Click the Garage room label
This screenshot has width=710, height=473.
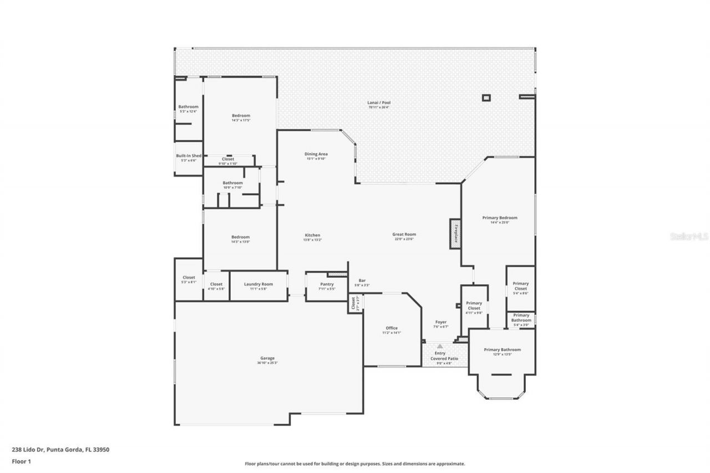[267, 358]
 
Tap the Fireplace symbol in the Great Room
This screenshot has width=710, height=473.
[455, 233]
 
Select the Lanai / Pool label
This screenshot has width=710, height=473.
[379, 103]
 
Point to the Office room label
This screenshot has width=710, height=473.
[392, 328]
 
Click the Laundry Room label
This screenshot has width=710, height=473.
[258, 284]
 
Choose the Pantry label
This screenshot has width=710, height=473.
[327, 284]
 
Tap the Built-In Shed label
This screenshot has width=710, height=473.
[189, 156]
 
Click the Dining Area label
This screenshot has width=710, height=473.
[316, 154]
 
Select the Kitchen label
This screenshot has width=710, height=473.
[312, 235]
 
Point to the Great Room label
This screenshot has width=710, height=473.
[404, 235]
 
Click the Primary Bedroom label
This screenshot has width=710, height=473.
[499, 218]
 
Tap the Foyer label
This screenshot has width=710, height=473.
[440, 322]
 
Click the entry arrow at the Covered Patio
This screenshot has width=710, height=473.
[440, 346]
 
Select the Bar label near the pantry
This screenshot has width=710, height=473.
[362, 281]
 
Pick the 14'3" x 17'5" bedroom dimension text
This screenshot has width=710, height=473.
[241, 120]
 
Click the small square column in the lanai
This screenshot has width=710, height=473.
[486, 98]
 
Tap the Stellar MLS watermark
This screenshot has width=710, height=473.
[689, 236]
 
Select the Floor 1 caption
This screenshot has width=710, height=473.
[22, 461]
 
